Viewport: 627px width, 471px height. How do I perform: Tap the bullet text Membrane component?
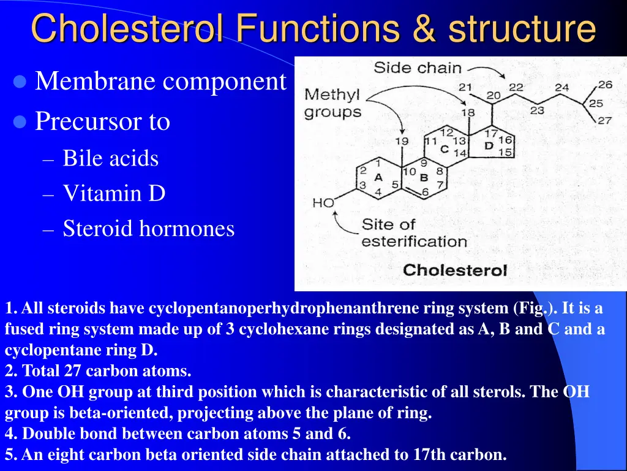160,81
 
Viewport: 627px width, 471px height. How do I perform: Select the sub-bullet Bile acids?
110,158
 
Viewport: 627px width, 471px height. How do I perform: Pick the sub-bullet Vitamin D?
114,193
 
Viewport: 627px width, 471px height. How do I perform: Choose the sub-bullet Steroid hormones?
148,228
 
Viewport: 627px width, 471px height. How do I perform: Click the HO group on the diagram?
323,203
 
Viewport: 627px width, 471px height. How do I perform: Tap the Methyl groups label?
332,104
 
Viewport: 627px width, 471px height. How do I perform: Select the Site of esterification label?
413,232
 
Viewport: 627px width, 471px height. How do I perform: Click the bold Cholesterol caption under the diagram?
455,270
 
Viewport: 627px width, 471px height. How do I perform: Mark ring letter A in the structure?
378,177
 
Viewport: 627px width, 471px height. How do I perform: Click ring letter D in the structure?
489,146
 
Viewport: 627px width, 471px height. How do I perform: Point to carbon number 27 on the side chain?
605,121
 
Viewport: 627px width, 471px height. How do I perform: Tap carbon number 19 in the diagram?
401,142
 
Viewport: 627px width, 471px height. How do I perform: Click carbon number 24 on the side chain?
561,87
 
